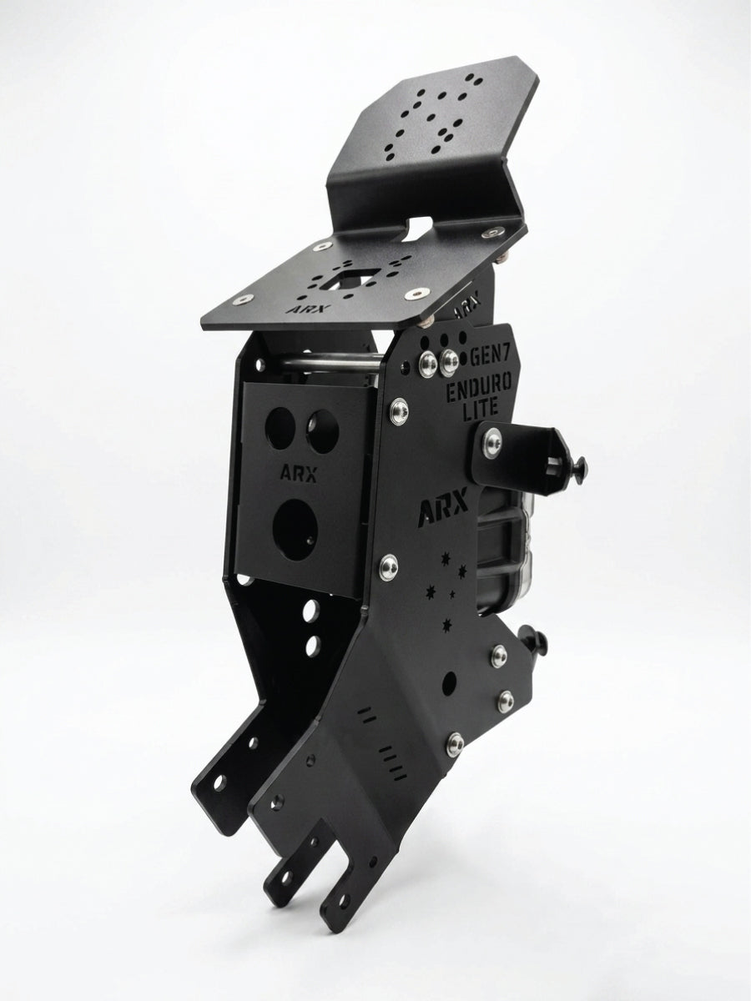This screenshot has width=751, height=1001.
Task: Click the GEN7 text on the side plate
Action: point(491,356)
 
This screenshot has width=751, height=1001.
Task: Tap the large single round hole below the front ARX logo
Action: point(295,529)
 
